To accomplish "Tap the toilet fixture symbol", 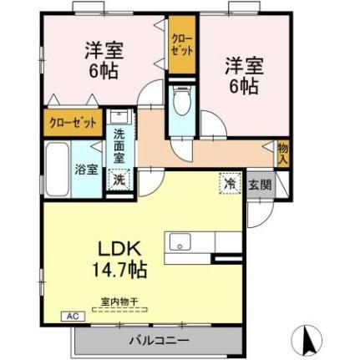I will tap(181, 105).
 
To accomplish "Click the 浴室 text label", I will tap(87, 169).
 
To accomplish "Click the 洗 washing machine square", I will tap(120, 179).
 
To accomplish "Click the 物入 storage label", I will tap(283, 153).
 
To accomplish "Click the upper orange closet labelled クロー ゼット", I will tap(180, 45).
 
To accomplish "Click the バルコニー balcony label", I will tap(159, 341).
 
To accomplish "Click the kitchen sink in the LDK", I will tap(180, 242).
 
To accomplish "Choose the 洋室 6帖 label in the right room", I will tap(242, 74).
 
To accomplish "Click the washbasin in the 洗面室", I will tap(120, 117).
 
